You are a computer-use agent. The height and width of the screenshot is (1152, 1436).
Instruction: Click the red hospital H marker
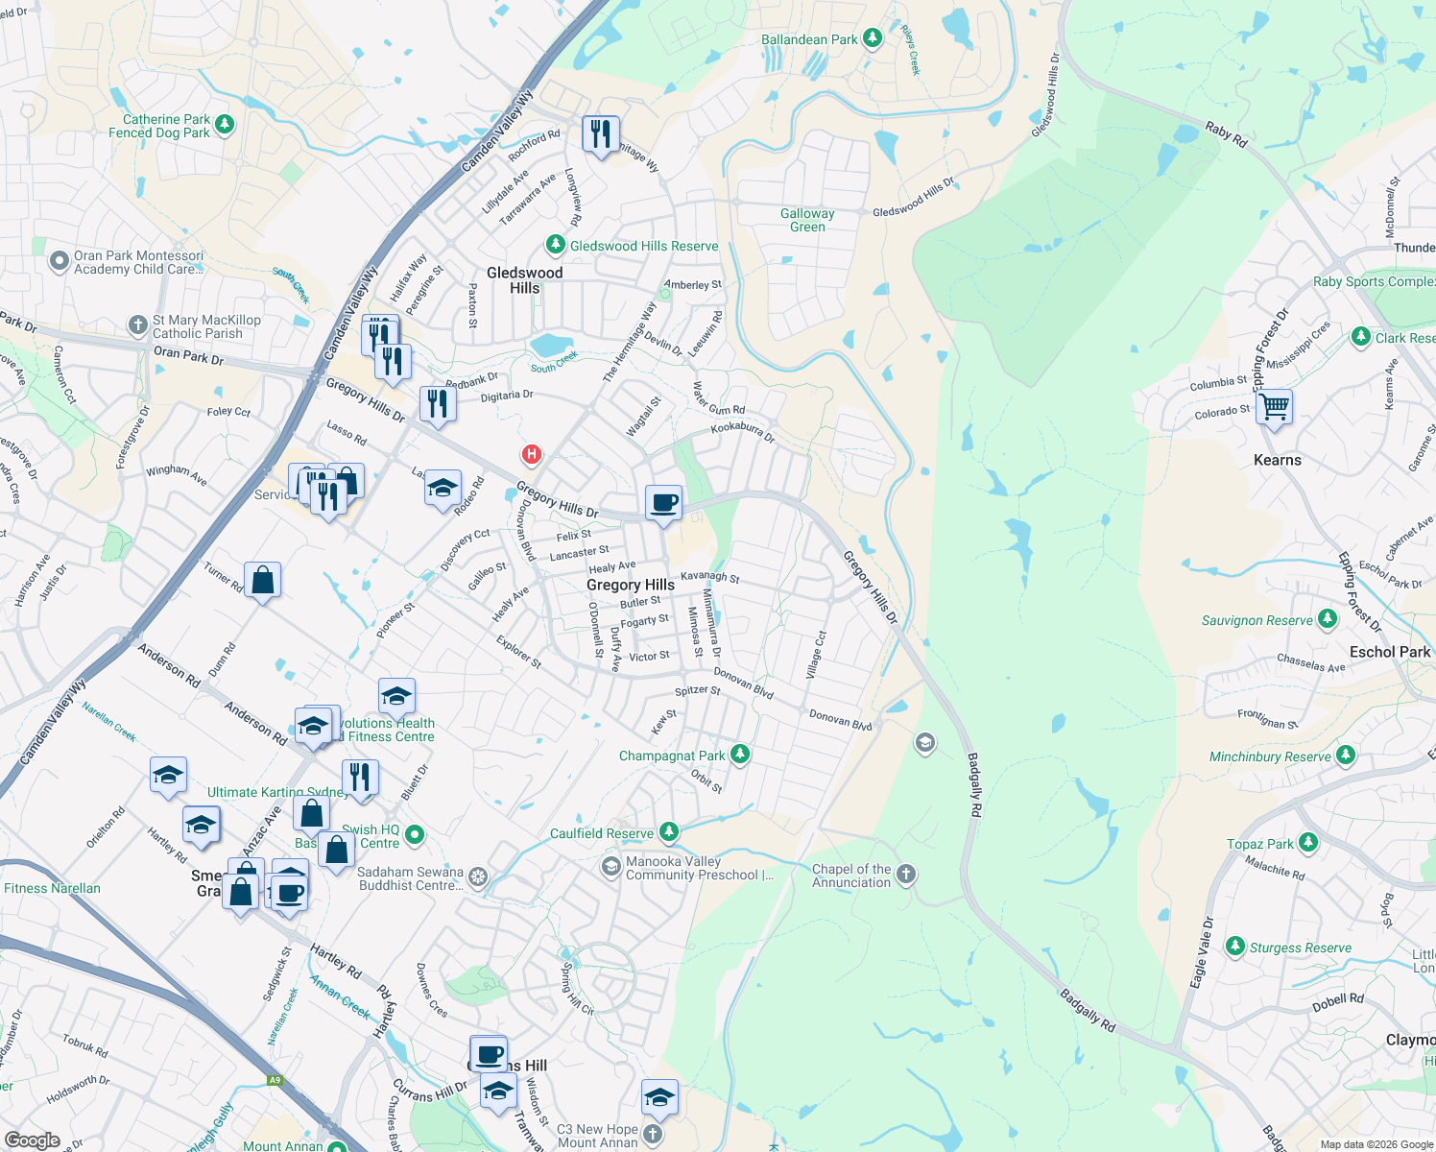click(531, 454)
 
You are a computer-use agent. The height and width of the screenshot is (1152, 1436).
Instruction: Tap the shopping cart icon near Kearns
click(1274, 406)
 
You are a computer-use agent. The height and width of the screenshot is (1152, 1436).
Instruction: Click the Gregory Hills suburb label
click(630, 585)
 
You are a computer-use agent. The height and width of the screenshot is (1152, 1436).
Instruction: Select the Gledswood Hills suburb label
click(524, 280)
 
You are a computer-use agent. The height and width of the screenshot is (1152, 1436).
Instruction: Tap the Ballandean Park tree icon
click(873, 38)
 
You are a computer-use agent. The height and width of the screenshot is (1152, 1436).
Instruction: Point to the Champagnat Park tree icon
click(739, 755)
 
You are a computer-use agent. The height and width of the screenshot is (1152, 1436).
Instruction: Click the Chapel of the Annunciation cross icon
click(906, 875)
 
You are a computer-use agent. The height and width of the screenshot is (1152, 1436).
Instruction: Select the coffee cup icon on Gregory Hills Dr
click(663, 502)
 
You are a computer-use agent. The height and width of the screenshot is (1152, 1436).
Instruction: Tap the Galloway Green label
click(807, 220)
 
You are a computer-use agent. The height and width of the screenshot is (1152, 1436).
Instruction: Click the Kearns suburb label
click(1278, 460)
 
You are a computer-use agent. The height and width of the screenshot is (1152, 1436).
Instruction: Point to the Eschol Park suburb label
click(1389, 652)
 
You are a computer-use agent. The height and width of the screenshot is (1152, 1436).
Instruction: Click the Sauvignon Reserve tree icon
click(1328, 619)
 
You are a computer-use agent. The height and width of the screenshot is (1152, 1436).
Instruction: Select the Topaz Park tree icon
click(1307, 843)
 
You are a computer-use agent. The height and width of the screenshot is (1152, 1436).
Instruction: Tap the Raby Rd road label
click(1226, 134)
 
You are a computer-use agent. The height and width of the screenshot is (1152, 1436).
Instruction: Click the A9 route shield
click(275, 1080)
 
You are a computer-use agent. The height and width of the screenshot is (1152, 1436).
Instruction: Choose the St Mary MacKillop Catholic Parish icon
click(138, 324)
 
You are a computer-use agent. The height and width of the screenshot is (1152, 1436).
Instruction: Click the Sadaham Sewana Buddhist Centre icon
click(478, 876)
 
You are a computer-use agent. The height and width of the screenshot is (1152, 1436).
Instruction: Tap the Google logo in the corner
click(32, 1140)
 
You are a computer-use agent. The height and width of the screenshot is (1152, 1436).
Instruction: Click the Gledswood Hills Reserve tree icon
click(555, 245)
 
